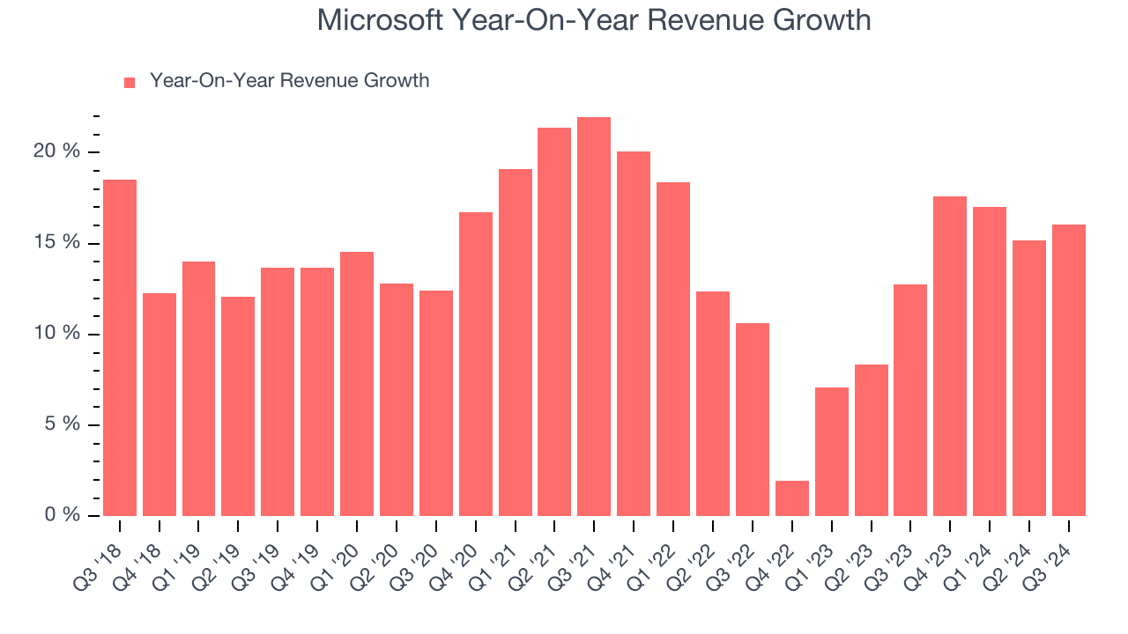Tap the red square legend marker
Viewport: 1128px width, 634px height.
[x=130, y=82]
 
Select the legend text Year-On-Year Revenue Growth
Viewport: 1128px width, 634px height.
[x=289, y=81]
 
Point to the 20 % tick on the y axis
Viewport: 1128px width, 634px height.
[x=58, y=151]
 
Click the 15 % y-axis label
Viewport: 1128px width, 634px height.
[x=58, y=242]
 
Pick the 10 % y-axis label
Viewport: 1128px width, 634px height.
[x=58, y=334]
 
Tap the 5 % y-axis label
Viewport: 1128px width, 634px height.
[x=62, y=424]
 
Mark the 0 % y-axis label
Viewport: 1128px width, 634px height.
[x=62, y=515]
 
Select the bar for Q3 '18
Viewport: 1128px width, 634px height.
[x=120, y=348]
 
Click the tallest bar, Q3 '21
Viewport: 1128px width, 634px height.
[x=594, y=317]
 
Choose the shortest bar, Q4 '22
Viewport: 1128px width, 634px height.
[x=791, y=498]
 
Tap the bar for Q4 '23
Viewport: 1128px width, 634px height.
[x=950, y=356]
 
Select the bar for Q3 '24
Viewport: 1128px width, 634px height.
[x=1068, y=370]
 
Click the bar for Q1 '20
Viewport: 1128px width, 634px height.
[x=357, y=384]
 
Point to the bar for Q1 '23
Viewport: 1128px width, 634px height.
[x=831, y=452]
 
